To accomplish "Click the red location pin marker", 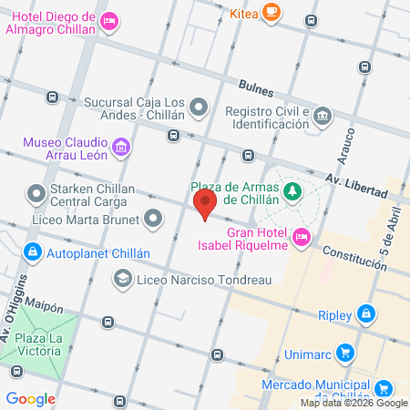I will (x=205, y=204).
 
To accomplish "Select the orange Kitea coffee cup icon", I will (x=270, y=12).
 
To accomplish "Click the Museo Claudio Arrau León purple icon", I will (x=119, y=146).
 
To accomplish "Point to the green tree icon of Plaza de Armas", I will (x=292, y=191).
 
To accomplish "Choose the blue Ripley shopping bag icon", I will (x=365, y=315).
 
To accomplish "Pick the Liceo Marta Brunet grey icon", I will (x=153, y=219).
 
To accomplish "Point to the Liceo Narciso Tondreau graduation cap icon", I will (x=122, y=280).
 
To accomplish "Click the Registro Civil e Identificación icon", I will (x=323, y=117).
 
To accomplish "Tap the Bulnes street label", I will (x=255, y=86).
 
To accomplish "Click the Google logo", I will (x=30, y=398).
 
